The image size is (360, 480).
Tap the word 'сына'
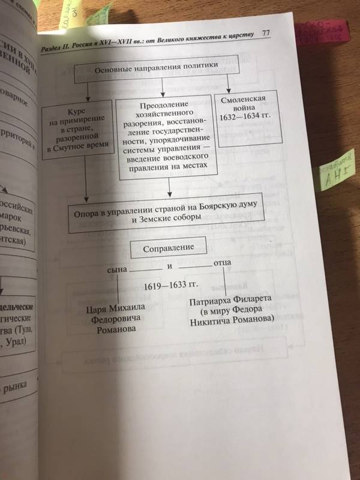[x=118, y=269]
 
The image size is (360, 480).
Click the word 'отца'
[x=223, y=264]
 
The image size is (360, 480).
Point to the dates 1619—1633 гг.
[x=171, y=287]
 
